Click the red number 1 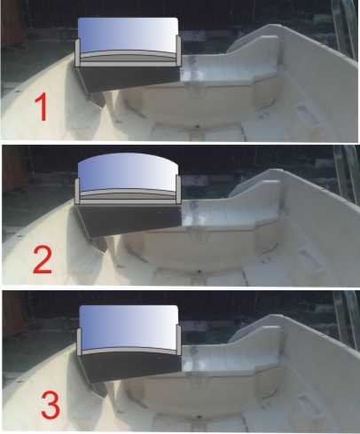pyautogui.click(x=42, y=107)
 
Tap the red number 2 pyautogui.click(x=43, y=260)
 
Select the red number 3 pyautogui.click(x=51, y=405)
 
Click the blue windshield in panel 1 pyautogui.click(x=128, y=35)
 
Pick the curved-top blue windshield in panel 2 pyautogui.click(x=128, y=172)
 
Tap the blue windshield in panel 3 pyautogui.click(x=129, y=327)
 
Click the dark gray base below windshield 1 pyautogui.click(x=129, y=78)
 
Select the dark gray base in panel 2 pyautogui.click(x=129, y=219)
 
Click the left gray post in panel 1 pyautogui.click(x=77, y=53)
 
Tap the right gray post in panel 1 pyautogui.click(x=178, y=50)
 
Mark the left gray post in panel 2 pyautogui.click(x=77, y=192)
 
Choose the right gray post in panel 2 pyautogui.click(x=178, y=190)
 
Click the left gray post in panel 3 pyautogui.click(x=79, y=342)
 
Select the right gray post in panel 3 pyautogui.click(x=178, y=340)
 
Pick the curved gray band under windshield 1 pyautogui.click(x=128, y=56)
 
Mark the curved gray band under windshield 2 pyautogui.click(x=128, y=194)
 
